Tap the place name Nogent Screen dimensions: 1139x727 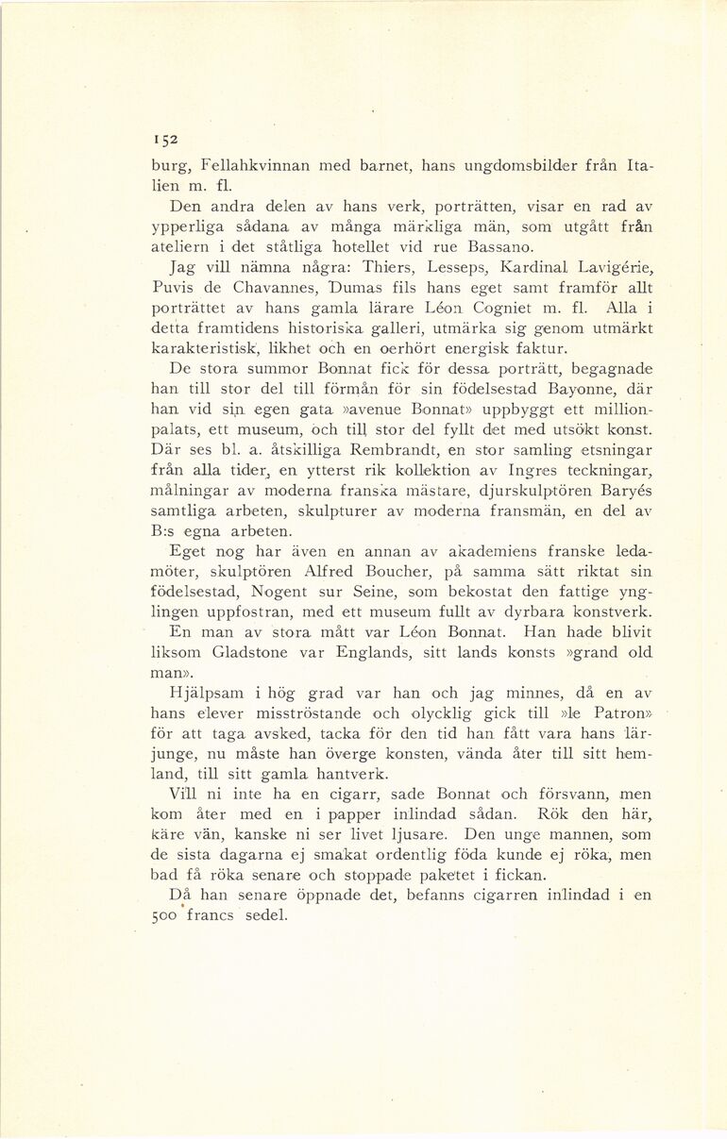click(x=283, y=592)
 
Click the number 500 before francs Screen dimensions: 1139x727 click(x=164, y=916)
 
